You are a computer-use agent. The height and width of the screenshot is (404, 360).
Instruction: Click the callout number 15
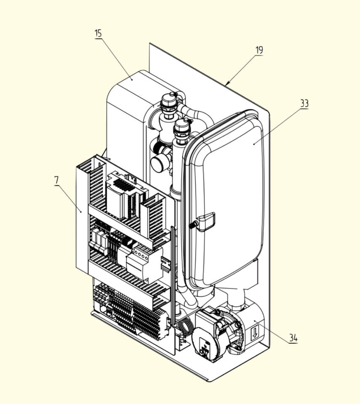98,34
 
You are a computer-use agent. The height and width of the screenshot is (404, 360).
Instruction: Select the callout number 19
259,50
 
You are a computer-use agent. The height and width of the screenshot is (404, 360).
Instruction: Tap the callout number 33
304,104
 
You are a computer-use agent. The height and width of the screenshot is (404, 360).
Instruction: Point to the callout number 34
293,338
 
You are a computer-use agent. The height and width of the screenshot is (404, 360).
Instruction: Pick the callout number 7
56,180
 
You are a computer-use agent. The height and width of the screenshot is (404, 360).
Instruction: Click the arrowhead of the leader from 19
227,83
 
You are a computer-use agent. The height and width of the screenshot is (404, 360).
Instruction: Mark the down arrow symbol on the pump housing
255,332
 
